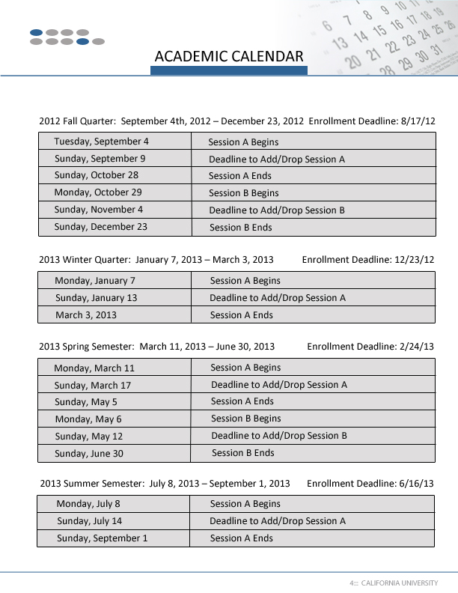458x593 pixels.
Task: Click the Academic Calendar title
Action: click(229, 56)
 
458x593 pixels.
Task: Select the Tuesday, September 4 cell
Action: click(101, 142)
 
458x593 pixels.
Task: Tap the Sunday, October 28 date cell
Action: click(97, 175)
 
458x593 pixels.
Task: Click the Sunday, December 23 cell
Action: click(101, 227)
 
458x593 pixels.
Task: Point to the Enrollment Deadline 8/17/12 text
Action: click(372, 121)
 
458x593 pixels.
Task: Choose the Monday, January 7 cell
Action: click(95, 281)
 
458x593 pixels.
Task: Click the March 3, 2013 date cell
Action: click(86, 315)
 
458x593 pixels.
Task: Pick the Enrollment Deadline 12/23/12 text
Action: click(368, 260)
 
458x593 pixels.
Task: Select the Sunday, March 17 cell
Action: click(93, 386)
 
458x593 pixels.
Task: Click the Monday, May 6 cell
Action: click(88, 419)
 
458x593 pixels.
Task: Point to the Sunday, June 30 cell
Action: click(89, 454)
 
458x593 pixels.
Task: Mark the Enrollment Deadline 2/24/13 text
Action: click(370, 347)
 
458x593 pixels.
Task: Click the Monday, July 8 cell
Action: click(88, 504)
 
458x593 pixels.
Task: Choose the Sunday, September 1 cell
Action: click(103, 538)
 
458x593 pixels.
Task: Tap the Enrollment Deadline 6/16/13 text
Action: click(370, 483)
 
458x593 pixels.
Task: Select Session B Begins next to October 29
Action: click(244, 193)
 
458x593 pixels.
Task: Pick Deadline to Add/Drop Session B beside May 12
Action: click(279, 436)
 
